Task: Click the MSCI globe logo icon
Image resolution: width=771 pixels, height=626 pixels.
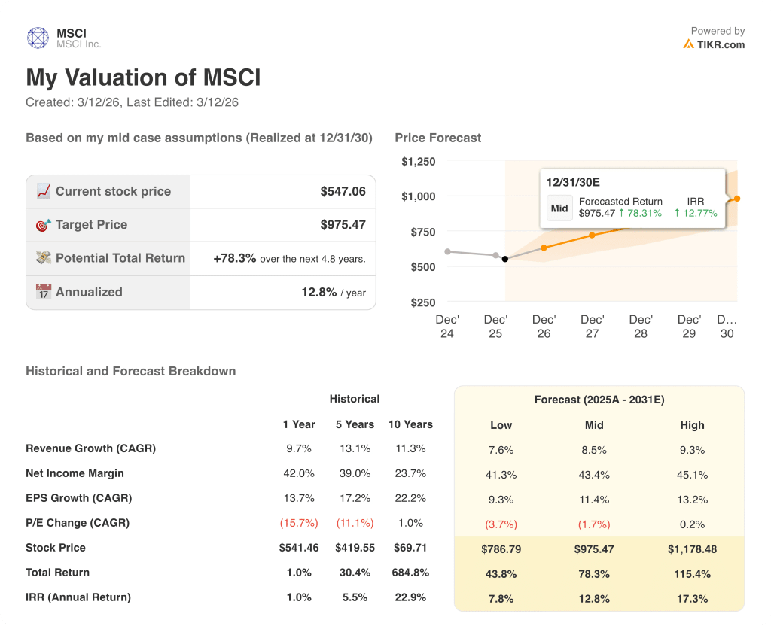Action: tap(38, 38)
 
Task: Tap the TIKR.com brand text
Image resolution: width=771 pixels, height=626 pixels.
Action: tap(720, 44)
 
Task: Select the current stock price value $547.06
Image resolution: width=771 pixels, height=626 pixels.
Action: tap(343, 192)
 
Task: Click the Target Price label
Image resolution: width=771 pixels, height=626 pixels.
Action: tap(91, 225)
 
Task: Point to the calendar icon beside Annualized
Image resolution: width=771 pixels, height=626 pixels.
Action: tap(44, 292)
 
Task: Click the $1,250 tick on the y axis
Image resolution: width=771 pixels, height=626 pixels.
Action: tap(418, 161)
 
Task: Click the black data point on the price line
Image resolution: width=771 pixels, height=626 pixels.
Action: tap(504, 259)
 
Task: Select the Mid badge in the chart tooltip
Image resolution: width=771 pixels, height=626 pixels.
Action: tap(559, 208)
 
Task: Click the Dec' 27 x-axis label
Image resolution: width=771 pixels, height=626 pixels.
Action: tap(592, 327)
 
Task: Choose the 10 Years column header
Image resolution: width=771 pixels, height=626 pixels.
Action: tap(410, 424)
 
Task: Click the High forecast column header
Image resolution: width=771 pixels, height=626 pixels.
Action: tap(692, 425)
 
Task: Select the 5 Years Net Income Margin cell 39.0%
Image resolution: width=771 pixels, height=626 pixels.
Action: tap(354, 473)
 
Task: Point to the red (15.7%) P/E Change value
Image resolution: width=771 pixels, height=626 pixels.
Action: tap(299, 523)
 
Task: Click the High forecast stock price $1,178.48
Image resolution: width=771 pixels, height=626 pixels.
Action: tap(692, 549)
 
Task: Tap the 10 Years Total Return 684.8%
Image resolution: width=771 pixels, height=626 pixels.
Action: tap(410, 573)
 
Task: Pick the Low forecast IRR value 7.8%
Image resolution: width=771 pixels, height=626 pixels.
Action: tap(501, 599)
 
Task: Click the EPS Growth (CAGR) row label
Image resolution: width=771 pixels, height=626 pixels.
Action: tap(78, 498)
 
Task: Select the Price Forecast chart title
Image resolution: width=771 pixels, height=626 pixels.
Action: tap(437, 138)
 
